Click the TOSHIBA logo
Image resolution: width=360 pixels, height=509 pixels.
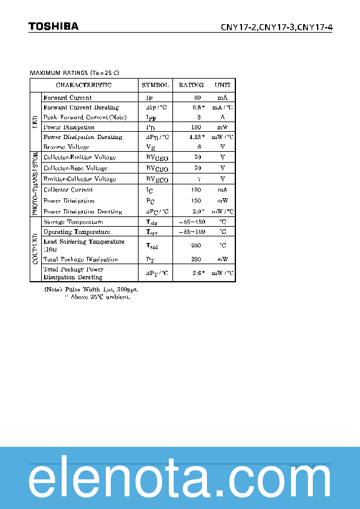[53, 27]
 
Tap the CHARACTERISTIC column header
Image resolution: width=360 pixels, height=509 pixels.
[84, 85]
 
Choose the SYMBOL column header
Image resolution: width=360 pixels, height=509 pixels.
[155, 85]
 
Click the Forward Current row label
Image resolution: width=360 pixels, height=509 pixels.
[68, 97]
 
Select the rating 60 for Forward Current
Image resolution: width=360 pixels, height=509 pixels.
[197, 97]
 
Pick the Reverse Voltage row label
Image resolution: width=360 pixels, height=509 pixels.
[67, 147]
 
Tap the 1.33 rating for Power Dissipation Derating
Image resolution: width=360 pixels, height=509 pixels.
[195, 137]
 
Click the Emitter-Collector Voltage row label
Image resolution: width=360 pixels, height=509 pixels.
[80, 179]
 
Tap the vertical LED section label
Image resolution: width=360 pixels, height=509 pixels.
[34, 122]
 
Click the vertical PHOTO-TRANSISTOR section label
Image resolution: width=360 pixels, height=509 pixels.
[34, 184]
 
